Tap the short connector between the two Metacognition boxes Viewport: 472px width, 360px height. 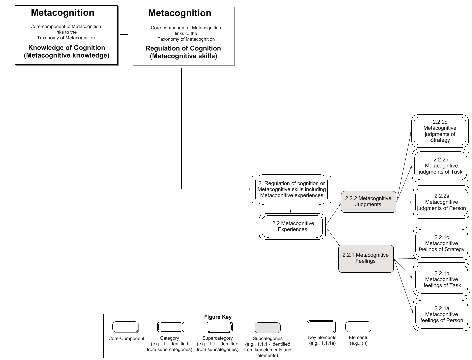click(124, 34)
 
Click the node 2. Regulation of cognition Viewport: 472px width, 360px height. click(291, 189)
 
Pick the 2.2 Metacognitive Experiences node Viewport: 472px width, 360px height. click(292, 226)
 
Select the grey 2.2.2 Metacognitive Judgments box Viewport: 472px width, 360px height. click(368, 202)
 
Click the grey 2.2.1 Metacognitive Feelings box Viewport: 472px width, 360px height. click(366, 258)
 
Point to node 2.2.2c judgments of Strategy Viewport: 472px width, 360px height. click(440, 131)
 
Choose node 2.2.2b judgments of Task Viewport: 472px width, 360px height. click(441, 166)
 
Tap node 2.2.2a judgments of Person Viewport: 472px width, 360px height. click(441, 202)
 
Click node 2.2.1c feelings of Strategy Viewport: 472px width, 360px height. click(441, 243)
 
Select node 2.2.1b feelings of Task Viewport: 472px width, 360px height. click(442, 279)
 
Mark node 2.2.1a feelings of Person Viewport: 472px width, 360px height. click(442, 315)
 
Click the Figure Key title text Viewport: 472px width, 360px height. click(218, 317)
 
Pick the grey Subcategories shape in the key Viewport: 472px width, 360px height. click(267, 327)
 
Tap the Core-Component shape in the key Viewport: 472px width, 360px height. click(125, 327)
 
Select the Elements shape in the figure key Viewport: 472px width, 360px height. click(358, 326)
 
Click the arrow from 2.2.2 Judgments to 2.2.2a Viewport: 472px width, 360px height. click(405, 202)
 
